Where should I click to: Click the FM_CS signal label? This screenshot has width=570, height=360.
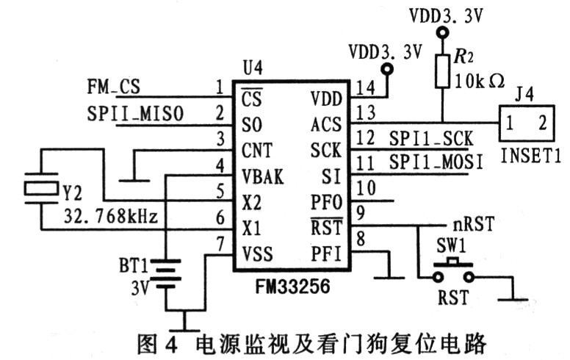click(114, 87)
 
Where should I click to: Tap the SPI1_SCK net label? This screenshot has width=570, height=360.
click(430, 138)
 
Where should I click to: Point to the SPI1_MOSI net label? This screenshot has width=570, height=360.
click(436, 162)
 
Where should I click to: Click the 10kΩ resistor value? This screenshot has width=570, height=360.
click(479, 81)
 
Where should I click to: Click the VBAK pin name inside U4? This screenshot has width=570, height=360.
click(262, 176)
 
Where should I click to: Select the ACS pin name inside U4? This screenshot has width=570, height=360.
click(325, 125)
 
